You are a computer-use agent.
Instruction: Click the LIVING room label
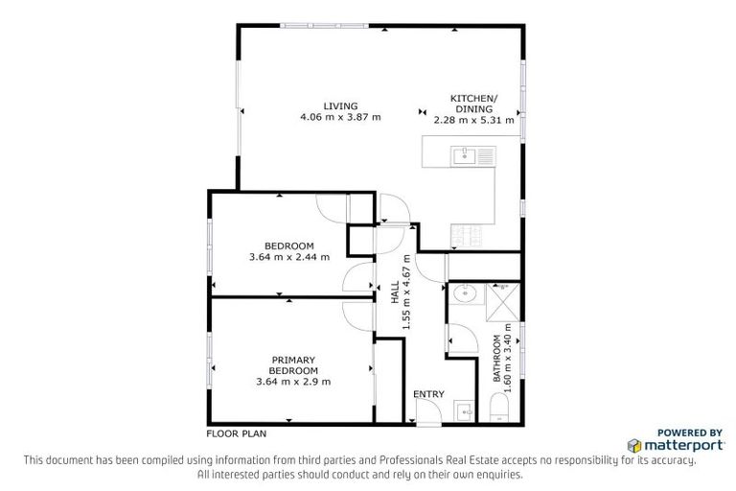340,105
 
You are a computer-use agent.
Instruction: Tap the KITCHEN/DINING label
474,104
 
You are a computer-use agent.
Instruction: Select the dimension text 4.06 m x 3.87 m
340,118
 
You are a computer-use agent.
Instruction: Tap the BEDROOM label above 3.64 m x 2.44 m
288,245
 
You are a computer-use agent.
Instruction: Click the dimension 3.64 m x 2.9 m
293,382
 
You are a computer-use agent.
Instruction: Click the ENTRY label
428,394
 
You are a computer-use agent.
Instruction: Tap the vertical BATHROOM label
496,358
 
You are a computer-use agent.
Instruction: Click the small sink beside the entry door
464,411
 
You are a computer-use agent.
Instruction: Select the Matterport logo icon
634,446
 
